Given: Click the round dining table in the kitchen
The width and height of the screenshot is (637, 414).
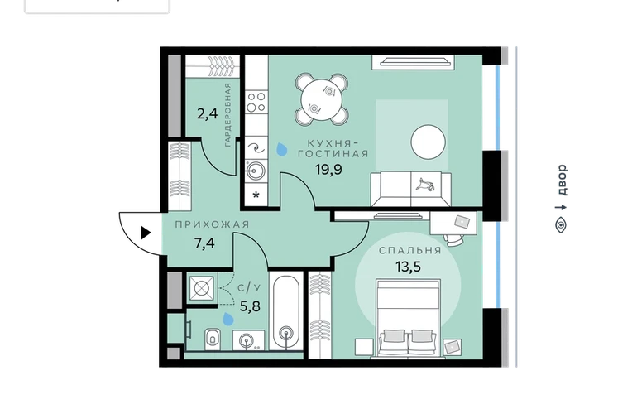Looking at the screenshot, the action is (x=321, y=99).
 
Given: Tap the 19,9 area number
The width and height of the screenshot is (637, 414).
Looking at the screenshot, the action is (x=328, y=169).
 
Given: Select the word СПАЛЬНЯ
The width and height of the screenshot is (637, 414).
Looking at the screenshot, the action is (x=409, y=251).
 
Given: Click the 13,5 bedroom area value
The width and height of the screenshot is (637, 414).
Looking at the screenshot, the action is (x=408, y=267).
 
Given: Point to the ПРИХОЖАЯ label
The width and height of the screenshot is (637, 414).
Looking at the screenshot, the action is (x=212, y=224).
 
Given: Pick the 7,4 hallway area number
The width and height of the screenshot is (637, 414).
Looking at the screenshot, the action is (x=204, y=243).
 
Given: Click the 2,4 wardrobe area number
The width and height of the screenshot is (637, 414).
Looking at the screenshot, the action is (x=207, y=113).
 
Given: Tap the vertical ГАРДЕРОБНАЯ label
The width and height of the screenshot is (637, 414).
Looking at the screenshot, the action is (x=227, y=115).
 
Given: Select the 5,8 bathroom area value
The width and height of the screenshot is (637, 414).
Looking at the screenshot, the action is (x=250, y=306).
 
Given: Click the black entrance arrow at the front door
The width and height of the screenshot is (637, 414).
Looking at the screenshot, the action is (x=146, y=233).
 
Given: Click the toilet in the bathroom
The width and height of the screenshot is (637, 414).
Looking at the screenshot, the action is (x=212, y=339).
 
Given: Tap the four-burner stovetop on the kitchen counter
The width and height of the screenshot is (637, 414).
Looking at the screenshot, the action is (x=256, y=102).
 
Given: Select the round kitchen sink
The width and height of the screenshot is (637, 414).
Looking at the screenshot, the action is (x=256, y=170).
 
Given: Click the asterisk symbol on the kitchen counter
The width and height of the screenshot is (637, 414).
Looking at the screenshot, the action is (x=256, y=195).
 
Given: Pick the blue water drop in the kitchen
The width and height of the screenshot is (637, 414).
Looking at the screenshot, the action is (x=280, y=149).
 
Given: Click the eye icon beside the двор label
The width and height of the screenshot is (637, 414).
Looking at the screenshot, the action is (x=561, y=224).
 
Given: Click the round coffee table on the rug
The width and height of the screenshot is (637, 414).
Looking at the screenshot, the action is (x=428, y=142).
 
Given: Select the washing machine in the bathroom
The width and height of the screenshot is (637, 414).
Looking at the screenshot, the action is (x=201, y=288).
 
